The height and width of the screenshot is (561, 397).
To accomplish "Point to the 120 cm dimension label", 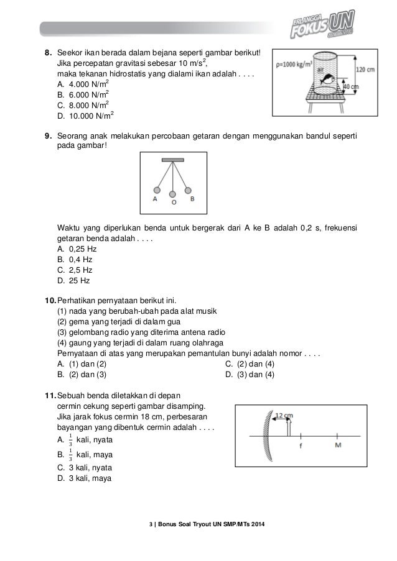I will [x=365, y=70].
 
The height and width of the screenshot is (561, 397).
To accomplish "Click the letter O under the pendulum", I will [x=174, y=202].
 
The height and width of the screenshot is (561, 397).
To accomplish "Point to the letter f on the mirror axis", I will [x=301, y=445].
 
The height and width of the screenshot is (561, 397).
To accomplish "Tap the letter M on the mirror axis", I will [x=338, y=445].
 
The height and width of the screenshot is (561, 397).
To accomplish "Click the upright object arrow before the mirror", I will [x=288, y=428].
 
